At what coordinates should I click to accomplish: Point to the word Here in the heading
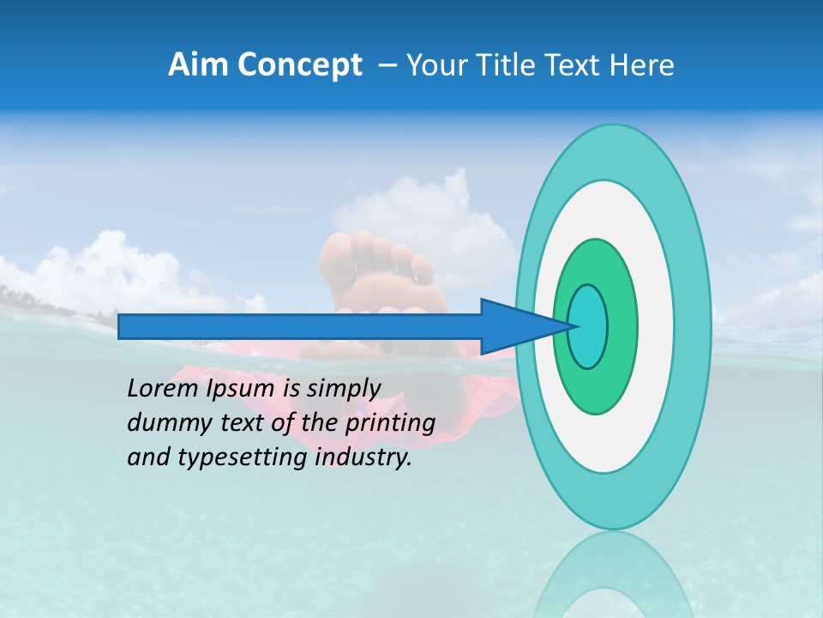[x=641, y=64]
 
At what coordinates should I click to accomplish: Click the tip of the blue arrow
[x=573, y=326]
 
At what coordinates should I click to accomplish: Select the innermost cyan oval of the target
[x=588, y=326]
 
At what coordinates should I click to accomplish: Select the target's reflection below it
[x=612, y=575]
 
